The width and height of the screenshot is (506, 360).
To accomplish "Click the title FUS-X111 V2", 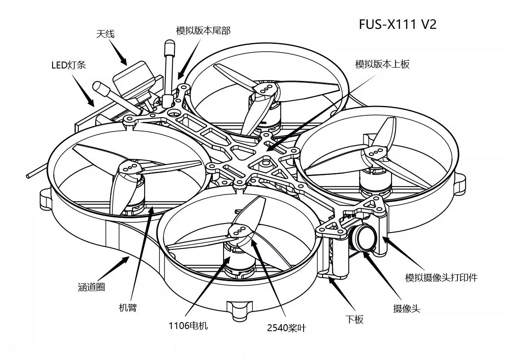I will pos(397,24).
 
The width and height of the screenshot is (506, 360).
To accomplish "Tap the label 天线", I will pos(105,34).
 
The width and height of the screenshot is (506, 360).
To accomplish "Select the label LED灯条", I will pos(69,65).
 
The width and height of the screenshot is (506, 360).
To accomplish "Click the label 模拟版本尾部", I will pos(203,31).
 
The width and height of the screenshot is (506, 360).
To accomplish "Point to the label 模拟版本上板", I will pos(382,64).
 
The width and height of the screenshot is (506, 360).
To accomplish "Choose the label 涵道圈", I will pos(92,287).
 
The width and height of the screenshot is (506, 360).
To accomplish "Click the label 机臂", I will pos(127,307).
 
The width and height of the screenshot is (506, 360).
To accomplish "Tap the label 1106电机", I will pos(188,326).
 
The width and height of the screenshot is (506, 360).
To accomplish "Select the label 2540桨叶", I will pos(286,328).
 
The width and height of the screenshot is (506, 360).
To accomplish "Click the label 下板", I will pos(354,319).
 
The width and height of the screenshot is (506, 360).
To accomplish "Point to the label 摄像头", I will pos(406,309).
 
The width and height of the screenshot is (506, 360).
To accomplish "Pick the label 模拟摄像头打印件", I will pos(441,277).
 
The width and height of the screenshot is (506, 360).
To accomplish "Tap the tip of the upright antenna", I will pos(169,45).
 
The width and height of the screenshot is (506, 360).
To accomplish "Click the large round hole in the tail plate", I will pos(173,113).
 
